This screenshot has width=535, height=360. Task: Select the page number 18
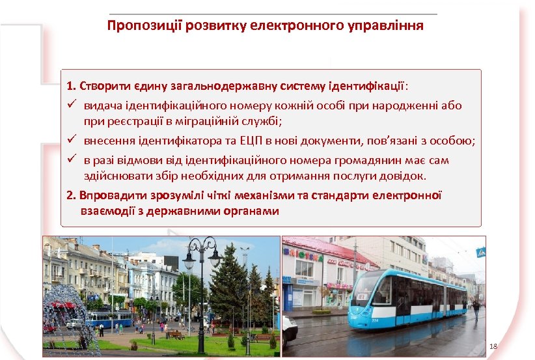pyautogui.click(x=493, y=346)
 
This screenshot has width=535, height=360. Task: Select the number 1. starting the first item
pyautogui.click(x=71, y=86)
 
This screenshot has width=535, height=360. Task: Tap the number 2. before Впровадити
pyautogui.click(x=71, y=195)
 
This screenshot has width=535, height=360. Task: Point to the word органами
pyautogui.click(x=251, y=211)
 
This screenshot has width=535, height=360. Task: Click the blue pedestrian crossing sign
pyautogui.click(x=480, y=253)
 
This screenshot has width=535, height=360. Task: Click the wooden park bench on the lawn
pyautogui.click(x=174, y=335)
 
